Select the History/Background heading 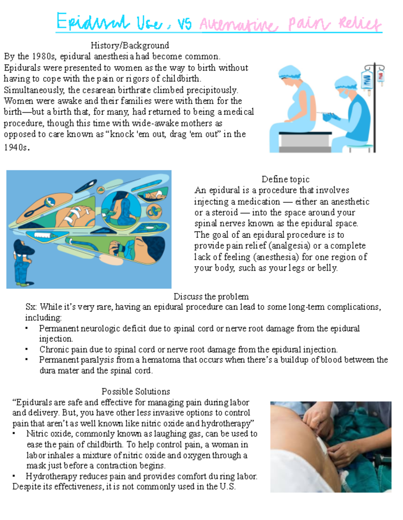[130, 45]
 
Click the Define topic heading [285, 179]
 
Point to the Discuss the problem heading [211, 297]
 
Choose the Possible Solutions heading [136, 391]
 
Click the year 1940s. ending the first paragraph [16, 147]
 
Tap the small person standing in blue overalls [23, 262]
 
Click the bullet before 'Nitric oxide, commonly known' [14, 434]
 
